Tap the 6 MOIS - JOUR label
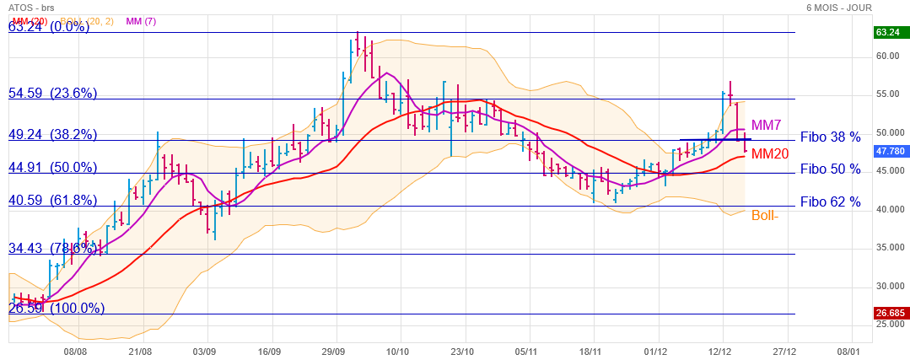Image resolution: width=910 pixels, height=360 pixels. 839,8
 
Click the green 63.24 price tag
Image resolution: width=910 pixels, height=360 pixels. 888,32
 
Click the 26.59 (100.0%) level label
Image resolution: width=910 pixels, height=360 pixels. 57,309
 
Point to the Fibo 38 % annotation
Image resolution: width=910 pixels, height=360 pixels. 831,137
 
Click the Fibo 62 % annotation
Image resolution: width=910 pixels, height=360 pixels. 831,201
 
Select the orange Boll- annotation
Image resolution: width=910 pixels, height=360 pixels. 765,215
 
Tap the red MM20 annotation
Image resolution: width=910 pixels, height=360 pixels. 771,153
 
